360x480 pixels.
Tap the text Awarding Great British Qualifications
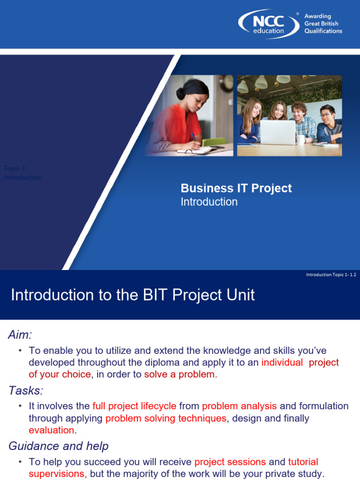323,24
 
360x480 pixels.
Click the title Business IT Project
236,188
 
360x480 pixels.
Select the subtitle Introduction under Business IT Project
209,202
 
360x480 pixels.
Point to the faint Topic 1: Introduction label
22,173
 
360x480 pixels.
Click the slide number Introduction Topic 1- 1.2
331,275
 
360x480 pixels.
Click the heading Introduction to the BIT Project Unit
133,295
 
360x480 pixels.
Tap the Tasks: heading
26,390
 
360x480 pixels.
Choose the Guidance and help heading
59,446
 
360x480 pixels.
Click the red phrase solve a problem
180,375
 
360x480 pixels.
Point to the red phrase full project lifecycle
135,406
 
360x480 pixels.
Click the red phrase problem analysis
239,406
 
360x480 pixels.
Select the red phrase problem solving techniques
166,418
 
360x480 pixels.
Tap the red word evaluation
52,430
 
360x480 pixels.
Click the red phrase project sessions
230,462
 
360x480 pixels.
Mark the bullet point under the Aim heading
21,351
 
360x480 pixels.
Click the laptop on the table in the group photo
277,132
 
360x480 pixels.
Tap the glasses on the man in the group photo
326,115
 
